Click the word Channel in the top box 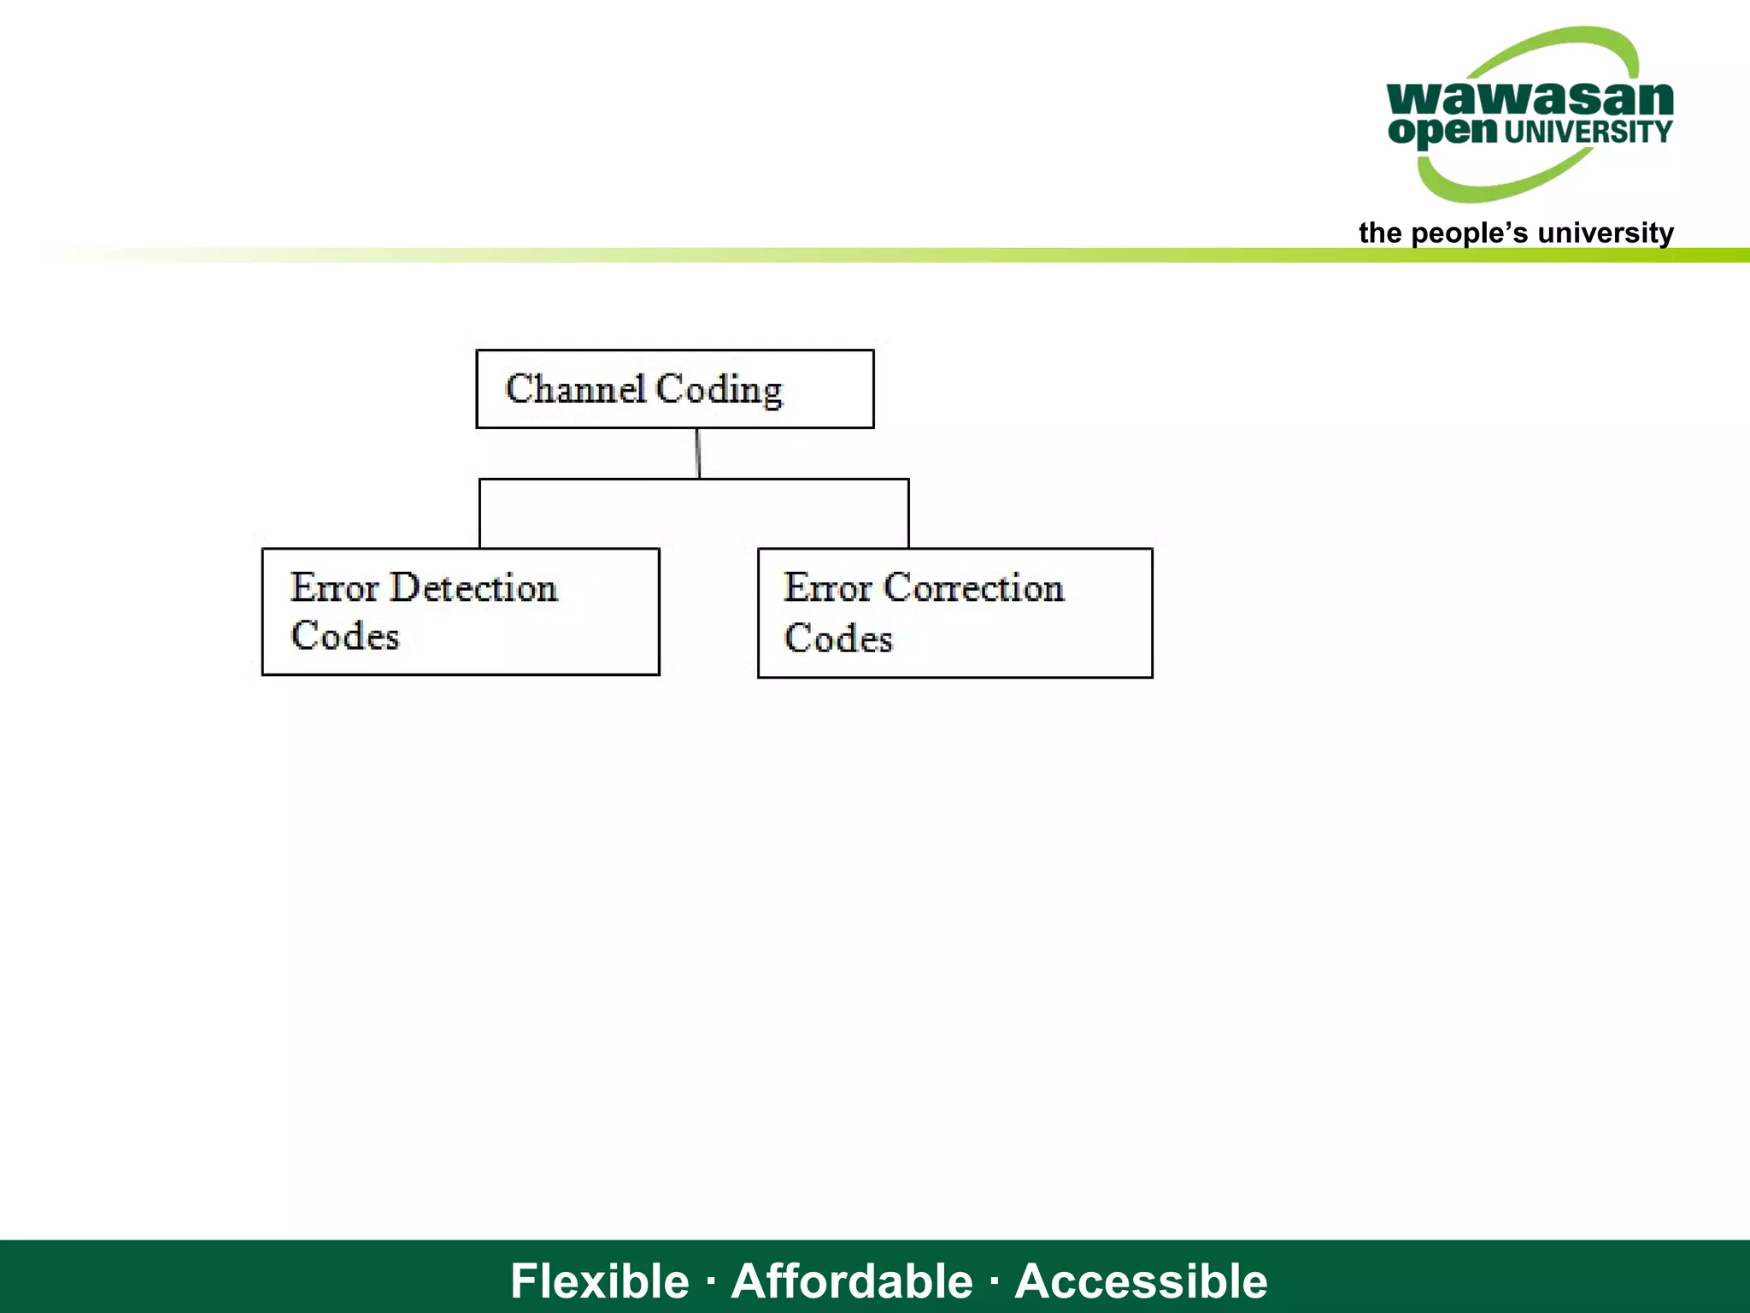pos(575,389)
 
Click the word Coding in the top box pos(719,391)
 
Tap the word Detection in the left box pos(473,588)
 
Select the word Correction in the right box pos(973,588)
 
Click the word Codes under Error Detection pos(344,637)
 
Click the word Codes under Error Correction pos(838,639)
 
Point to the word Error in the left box pos(334,588)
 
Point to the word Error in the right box pos(828,588)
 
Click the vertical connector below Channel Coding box pos(698,453)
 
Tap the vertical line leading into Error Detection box pos(480,514)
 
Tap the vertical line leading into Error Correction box pos(908,514)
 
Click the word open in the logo pos(1442,132)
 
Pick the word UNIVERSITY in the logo pos(1588,132)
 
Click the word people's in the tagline pos(1469,233)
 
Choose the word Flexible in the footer pos(599,1281)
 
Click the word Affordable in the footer pos(852,1281)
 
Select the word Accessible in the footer pos(1141,1281)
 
